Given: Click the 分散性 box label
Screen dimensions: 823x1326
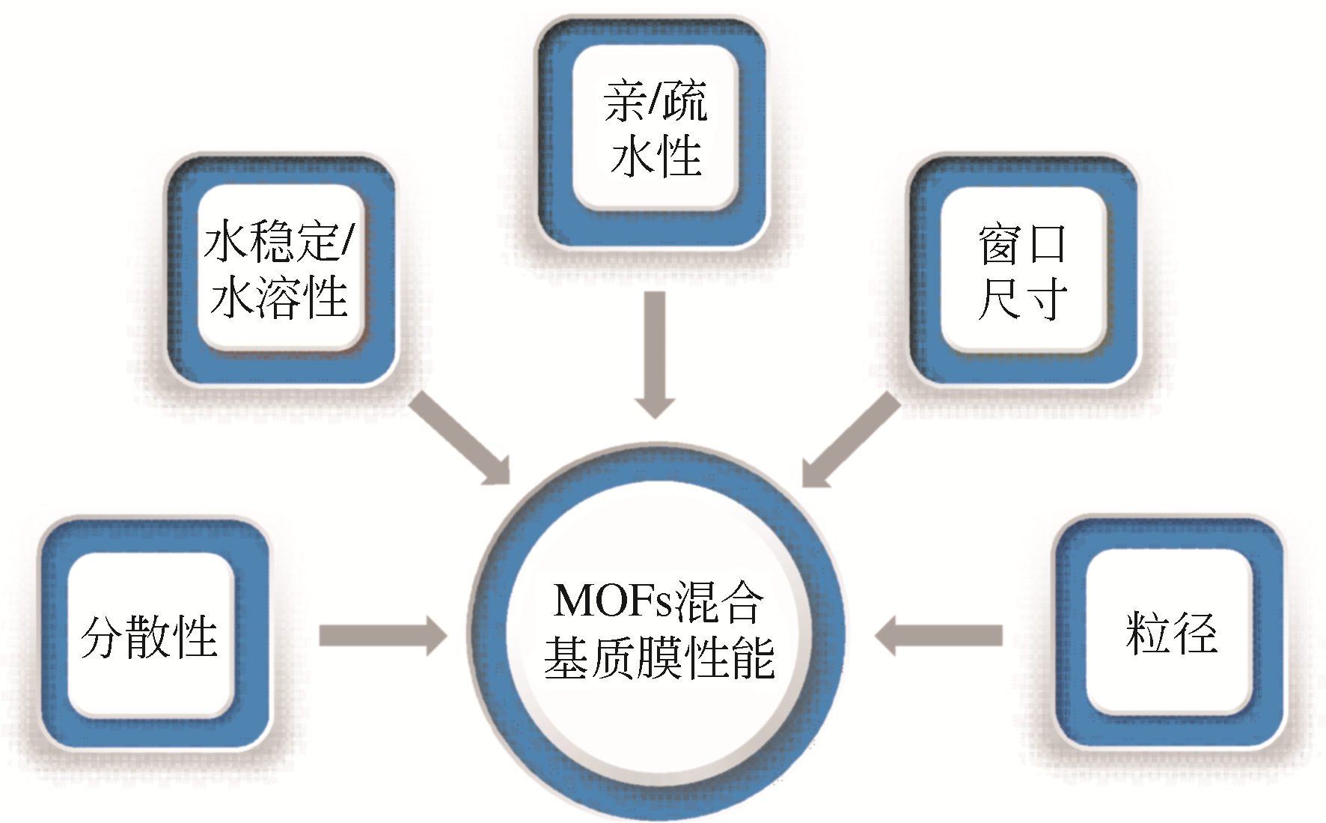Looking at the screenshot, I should (x=149, y=637).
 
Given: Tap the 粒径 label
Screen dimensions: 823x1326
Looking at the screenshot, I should (x=1170, y=634).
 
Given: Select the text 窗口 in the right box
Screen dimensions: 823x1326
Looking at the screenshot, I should (x=1021, y=244).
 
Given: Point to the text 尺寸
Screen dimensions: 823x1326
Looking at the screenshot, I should (x=1022, y=300).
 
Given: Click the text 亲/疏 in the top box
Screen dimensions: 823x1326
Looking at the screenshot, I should (x=655, y=101).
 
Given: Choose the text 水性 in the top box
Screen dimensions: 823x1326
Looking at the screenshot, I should (x=656, y=157).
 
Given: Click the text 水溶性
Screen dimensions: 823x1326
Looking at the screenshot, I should (x=279, y=297).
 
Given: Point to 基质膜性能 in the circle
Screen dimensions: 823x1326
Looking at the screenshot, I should (x=659, y=658).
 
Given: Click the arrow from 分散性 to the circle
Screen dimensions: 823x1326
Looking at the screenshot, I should (x=382, y=636).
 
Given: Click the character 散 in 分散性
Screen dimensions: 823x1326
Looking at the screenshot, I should (x=149, y=637).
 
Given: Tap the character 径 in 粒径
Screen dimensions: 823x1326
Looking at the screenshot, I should (x=1194, y=634).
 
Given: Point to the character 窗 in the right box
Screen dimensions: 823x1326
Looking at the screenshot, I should (x=1000, y=244).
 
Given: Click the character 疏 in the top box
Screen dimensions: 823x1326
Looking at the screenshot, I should (x=682, y=101).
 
